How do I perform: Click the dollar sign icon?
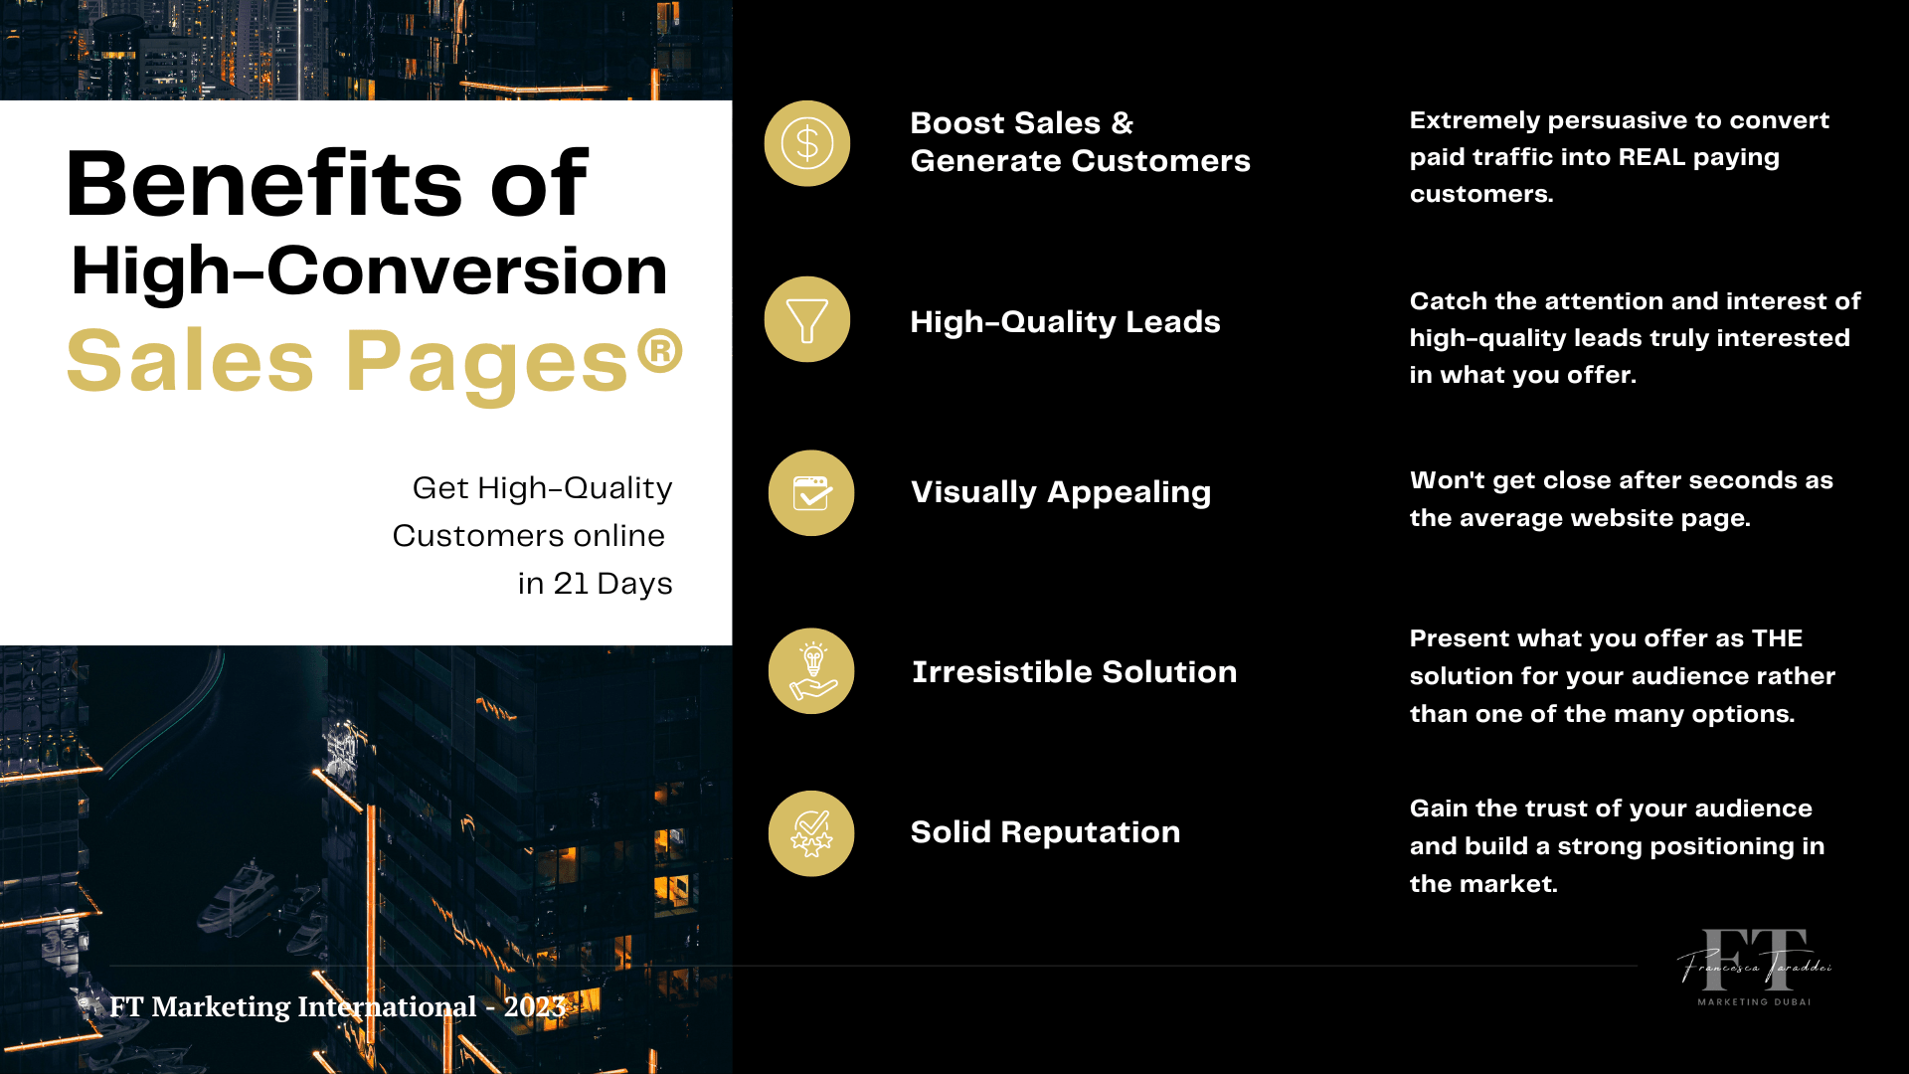click(x=806, y=143)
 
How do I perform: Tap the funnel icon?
click(x=806, y=319)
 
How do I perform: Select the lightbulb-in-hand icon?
click(x=811, y=671)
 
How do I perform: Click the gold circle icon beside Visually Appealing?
click(x=811, y=493)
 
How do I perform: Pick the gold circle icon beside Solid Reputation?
click(x=811, y=833)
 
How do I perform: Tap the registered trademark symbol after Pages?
click(x=660, y=351)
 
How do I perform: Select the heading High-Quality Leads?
click(x=1065, y=322)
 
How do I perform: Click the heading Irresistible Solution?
click(x=1075, y=672)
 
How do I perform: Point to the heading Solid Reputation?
click(x=1045, y=832)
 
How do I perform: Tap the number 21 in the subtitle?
click(x=571, y=584)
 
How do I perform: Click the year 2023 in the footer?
click(x=535, y=1006)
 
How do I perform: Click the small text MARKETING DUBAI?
click(x=1754, y=1001)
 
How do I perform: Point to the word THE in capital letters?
click(x=1777, y=638)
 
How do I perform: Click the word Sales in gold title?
click(x=190, y=360)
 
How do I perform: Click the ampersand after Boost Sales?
click(x=1123, y=123)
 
